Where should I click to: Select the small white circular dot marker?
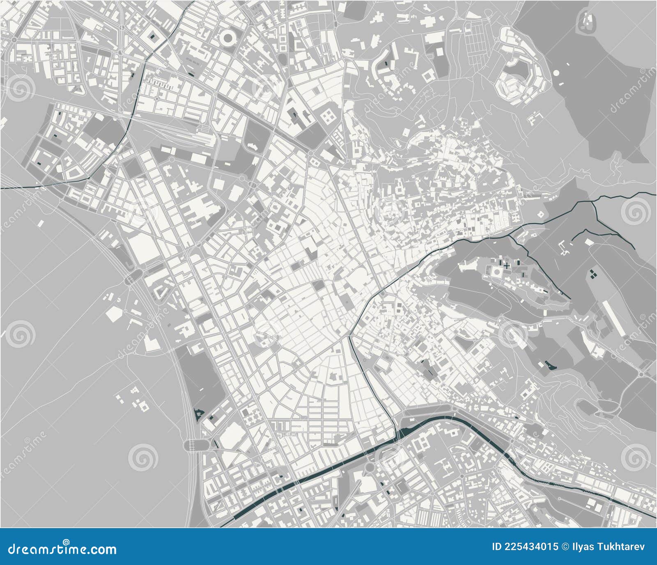coord(556,73)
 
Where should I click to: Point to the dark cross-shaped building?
coord(508,266)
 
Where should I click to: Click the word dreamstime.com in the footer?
coord(62,549)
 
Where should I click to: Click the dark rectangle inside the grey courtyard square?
coord(153,37)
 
